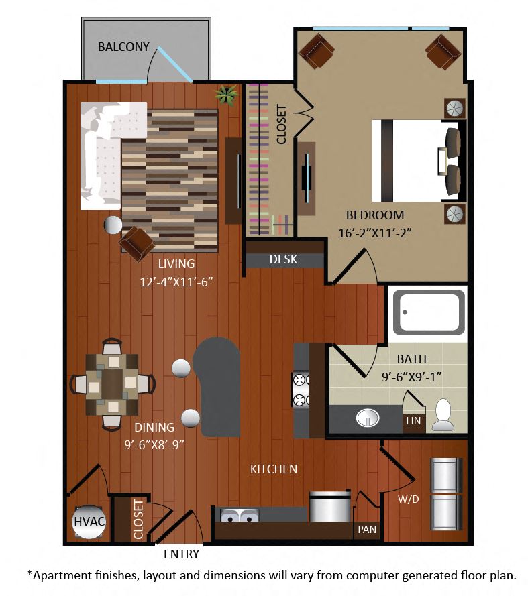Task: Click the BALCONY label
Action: [x=123, y=47]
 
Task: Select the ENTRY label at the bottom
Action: [x=182, y=554]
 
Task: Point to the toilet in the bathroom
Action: [x=443, y=415]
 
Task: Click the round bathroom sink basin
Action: [x=368, y=418]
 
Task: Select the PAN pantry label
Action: [x=367, y=529]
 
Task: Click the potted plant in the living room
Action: [x=226, y=95]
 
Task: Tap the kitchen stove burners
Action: [x=300, y=390]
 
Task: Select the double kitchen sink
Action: [x=240, y=517]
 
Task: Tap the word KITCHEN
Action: [x=274, y=469]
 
